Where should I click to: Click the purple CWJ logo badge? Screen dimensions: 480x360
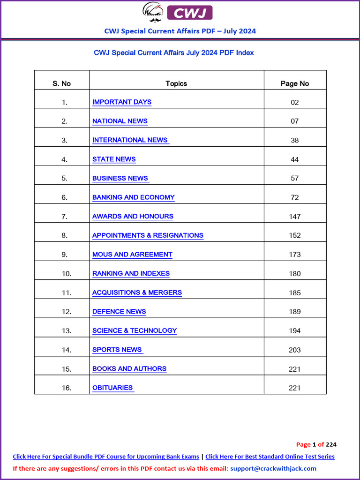pos(190,13)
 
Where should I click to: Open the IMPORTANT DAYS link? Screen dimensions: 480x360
pos(122,102)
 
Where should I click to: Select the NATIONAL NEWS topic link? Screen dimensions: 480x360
pos(120,121)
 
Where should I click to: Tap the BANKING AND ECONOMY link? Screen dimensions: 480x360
pos(134,197)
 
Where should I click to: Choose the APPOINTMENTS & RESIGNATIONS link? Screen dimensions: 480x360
pos(148,235)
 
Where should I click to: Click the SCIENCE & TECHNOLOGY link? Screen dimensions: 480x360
pos(135,330)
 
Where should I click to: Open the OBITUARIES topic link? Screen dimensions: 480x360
pos(113,388)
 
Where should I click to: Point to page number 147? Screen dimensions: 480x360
pos(295,217)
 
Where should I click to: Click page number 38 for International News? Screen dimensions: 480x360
pos(295,140)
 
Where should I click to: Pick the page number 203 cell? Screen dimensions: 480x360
pos(295,350)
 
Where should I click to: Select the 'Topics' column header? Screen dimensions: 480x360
pos(176,83)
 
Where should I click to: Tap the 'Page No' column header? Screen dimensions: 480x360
pos(295,83)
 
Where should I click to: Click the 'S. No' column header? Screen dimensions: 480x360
pos(61,83)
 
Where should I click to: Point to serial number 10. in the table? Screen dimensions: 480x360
pos(67,274)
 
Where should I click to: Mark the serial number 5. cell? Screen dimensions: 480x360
pos(65,178)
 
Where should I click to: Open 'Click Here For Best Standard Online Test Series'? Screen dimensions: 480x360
pos(270,457)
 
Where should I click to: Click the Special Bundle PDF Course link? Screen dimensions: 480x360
pos(106,457)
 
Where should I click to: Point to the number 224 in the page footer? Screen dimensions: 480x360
pos(331,444)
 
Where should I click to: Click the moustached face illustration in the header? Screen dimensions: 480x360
pos(153,12)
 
